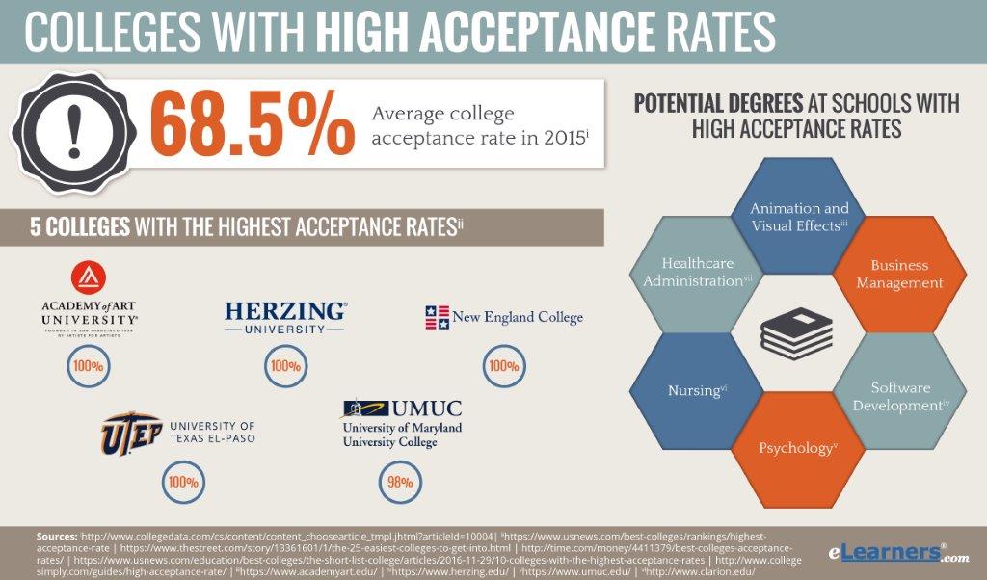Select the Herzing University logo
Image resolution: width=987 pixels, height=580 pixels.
[285, 317]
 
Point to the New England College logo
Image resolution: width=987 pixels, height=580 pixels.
[504, 317]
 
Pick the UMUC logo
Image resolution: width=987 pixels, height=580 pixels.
[402, 423]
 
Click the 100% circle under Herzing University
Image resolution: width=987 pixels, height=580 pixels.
[285, 366]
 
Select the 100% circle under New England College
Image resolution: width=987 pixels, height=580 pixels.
[503, 366]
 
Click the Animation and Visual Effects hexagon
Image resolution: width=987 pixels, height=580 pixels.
[799, 216]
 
